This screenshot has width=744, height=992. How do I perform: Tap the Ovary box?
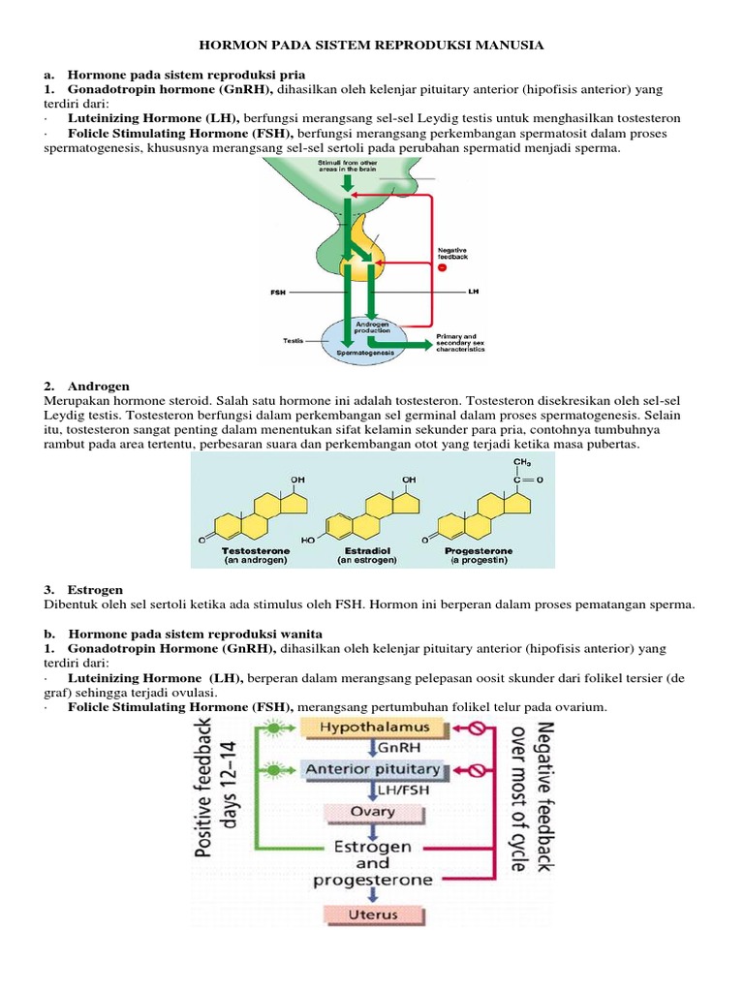(x=373, y=811)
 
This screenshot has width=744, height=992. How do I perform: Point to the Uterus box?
(x=373, y=914)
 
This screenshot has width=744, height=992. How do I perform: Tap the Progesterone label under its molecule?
(x=479, y=550)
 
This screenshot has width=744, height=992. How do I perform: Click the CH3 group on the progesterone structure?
(x=522, y=461)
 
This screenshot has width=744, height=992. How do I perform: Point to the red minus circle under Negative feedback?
(x=443, y=267)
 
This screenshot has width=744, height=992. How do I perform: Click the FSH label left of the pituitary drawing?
(x=278, y=291)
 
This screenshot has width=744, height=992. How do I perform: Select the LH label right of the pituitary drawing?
(x=473, y=291)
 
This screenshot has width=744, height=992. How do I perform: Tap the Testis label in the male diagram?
(x=293, y=341)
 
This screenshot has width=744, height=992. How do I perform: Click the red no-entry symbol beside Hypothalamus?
(x=477, y=726)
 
